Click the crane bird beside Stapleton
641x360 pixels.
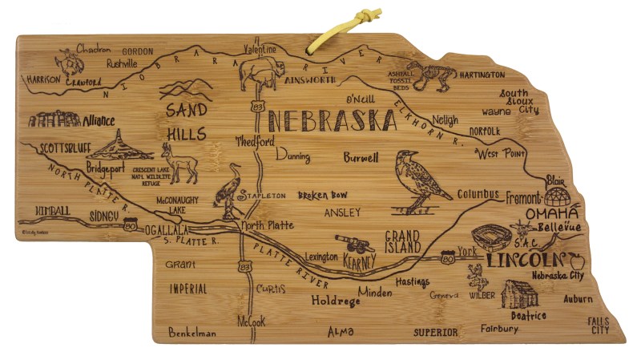(x=231, y=191)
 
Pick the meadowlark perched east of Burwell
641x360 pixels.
(x=421, y=180)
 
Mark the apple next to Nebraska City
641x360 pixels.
(x=574, y=261)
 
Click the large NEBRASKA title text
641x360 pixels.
(x=332, y=121)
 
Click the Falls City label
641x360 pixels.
(x=599, y=325)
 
